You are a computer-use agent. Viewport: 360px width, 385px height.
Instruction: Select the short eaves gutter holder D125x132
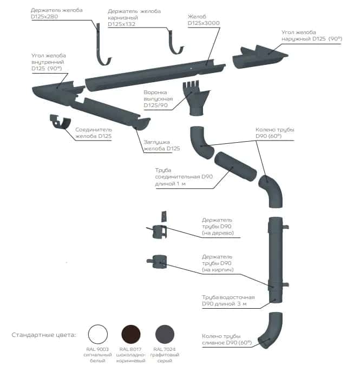point(174,42)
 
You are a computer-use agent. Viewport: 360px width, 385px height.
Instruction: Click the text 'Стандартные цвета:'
point(44,335)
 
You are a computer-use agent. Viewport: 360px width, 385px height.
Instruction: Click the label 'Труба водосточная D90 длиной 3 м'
point(224,301)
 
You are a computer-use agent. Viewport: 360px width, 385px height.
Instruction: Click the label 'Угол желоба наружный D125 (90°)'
point(306,36)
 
